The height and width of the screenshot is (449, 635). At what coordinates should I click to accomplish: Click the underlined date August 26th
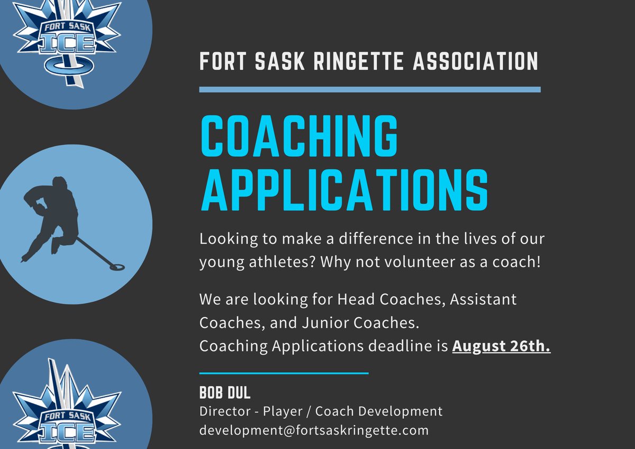(x=501, y=347)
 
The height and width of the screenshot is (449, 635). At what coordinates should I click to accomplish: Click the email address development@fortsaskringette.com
(x=314, y=430)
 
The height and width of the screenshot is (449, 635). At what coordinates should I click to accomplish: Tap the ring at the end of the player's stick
(x=114, y=263)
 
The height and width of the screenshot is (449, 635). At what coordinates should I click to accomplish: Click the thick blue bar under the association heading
(x=369, y=89)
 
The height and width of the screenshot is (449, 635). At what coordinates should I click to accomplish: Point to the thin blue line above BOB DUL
(x=284, y=373)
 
